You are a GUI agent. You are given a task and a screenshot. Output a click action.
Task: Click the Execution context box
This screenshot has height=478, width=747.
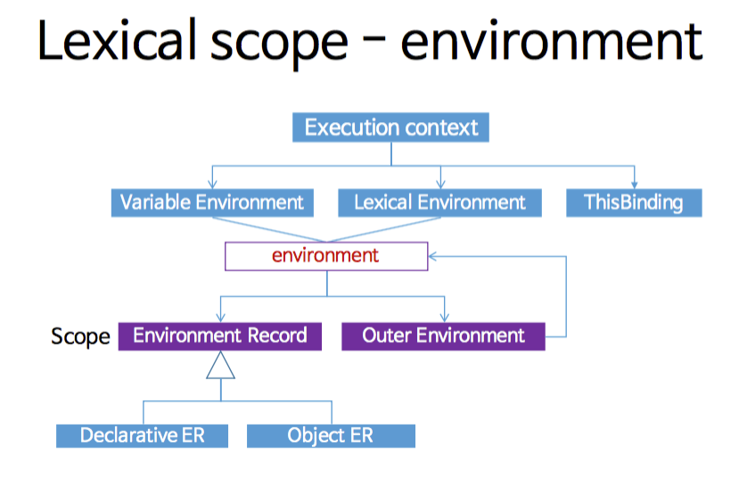(x=390, y=128)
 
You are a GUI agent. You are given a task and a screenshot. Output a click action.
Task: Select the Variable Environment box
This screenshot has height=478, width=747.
(x=211, y=202)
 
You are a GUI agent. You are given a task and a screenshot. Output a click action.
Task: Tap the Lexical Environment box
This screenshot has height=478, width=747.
(x=439, y=202)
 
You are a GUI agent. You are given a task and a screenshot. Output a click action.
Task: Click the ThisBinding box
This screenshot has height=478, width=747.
(x=634, y=202)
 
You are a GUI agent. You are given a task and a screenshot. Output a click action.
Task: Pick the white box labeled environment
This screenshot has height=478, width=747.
(x=325, y=256)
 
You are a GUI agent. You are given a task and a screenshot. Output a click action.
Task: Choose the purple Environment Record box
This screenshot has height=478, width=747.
(x=219, y=335)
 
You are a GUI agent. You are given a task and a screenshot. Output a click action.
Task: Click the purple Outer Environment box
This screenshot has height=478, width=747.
(x=443, y=335)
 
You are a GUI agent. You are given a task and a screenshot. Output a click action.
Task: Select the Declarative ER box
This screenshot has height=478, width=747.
(x=142, y=435)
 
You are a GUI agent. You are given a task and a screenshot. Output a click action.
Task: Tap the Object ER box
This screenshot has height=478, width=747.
(x=330, y=435)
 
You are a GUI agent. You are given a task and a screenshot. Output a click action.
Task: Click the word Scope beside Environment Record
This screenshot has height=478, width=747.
(x=80, y=336)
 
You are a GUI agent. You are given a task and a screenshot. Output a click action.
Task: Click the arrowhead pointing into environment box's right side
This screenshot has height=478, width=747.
(x=432, y=256)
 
